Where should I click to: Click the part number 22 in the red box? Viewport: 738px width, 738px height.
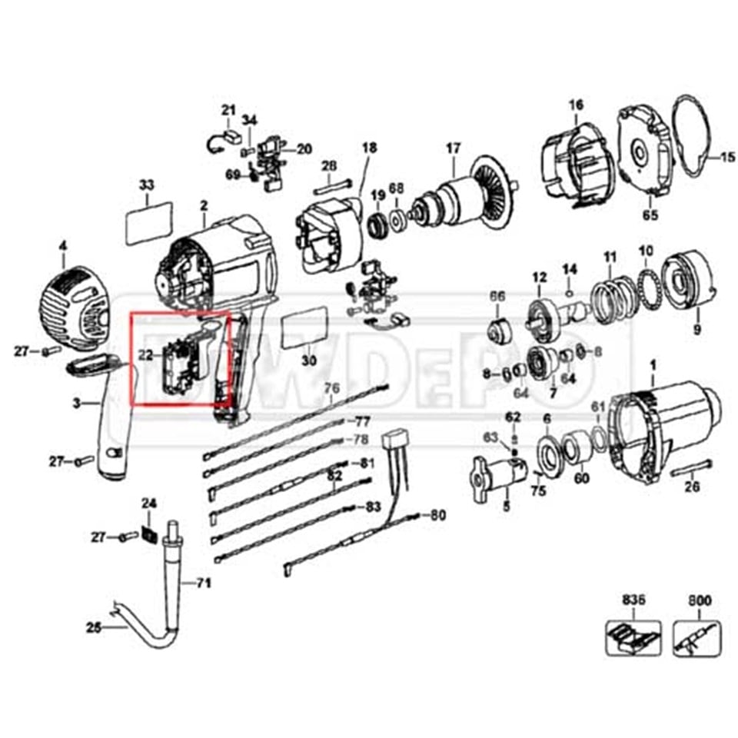pyautogui.click(x=146, y=354)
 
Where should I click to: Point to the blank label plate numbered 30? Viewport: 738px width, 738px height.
pyautogui.click(x=307, y=329)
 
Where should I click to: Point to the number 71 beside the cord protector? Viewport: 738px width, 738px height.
pyautogui.click(x=202, y=583)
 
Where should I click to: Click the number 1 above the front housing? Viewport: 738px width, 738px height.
pyautogui.click(x=653, y=366)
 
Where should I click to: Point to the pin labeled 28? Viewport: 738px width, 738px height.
pyautogui.click(x=333, y=184)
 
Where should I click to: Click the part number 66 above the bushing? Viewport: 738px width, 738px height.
pyautogui.click(x=498, y=295)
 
